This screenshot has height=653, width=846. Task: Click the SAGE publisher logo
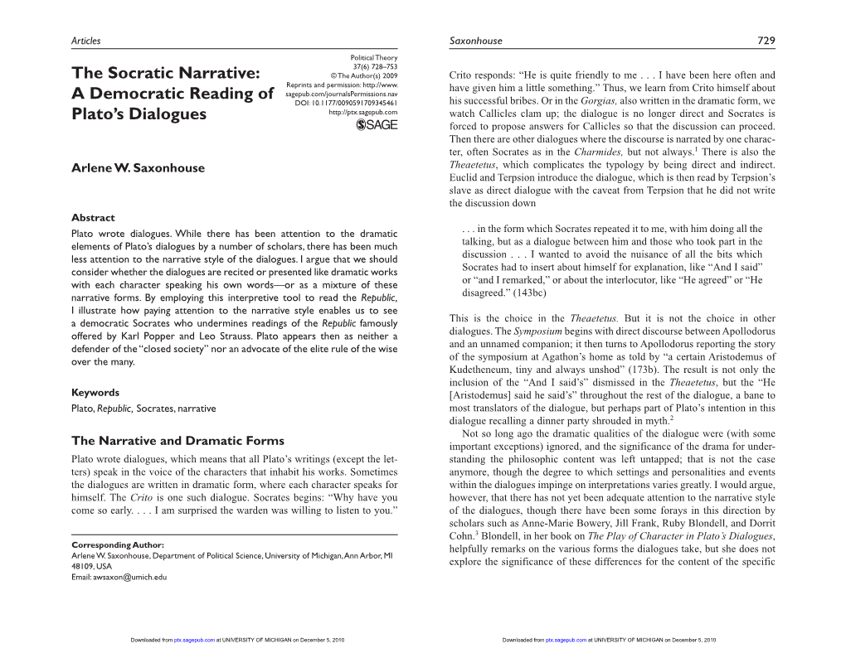click(x=377, y=124)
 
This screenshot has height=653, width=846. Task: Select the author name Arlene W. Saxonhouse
click(x=138, y=167)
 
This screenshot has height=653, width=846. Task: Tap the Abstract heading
click(x=93, y=217)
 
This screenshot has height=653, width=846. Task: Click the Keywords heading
click(x=95, y=392)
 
